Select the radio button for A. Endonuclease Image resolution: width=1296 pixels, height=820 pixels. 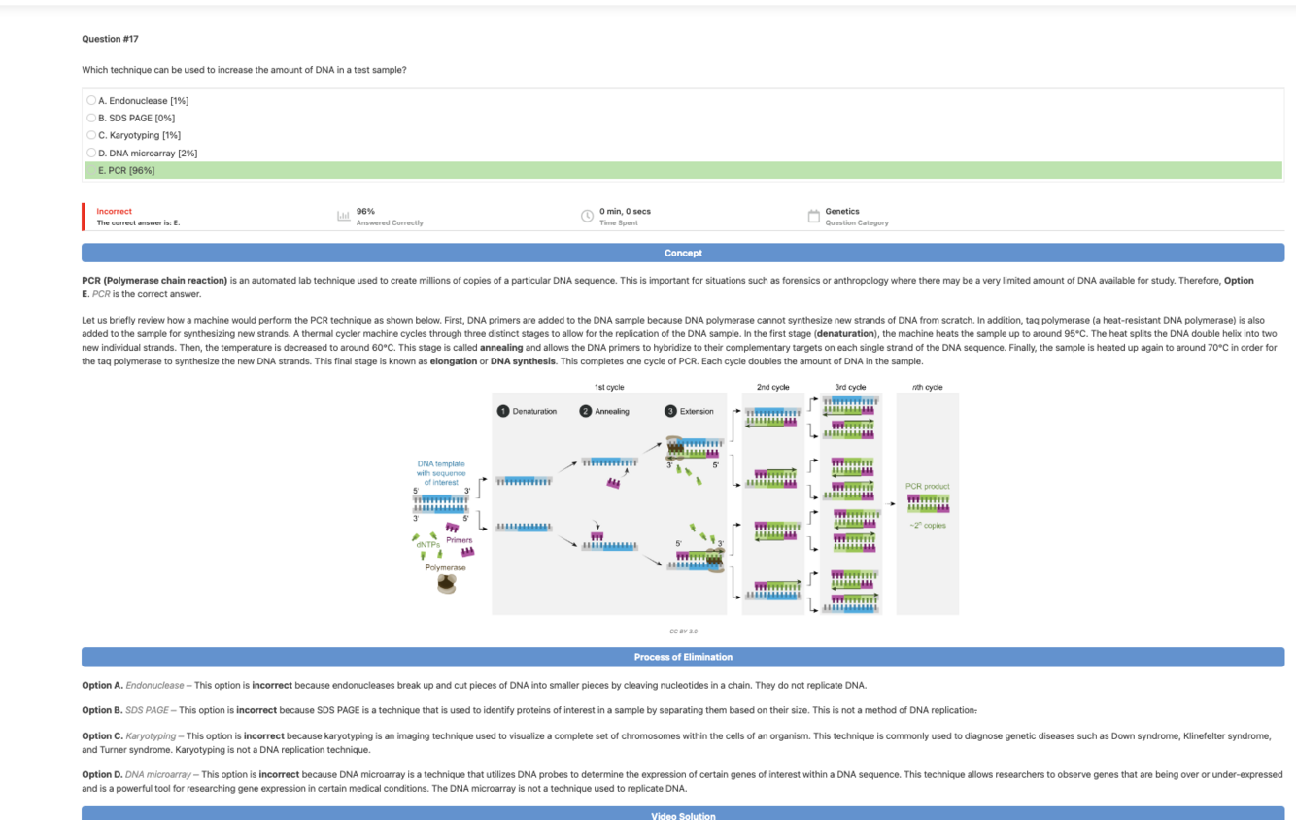tap(91, 100)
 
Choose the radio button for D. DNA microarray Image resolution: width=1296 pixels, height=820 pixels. tap(91, 153)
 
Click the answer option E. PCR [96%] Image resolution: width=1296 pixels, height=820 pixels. tap(126, 170)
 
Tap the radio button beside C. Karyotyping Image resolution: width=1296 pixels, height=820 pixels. tap(91, 135)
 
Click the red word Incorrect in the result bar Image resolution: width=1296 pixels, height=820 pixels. tap(114, 211)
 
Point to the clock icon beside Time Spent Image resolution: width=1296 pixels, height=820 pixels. tap(587, 216)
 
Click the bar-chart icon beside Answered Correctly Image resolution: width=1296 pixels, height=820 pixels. tap(343, 216)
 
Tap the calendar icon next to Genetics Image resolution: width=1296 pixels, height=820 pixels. tap(814, 216)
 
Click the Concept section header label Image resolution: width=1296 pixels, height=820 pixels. tap(683, 253)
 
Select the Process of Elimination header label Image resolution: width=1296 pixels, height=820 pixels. tap(683, 657)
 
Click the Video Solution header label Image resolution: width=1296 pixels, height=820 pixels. tap(683, 815)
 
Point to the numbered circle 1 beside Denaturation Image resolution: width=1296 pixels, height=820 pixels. tap(503, 411)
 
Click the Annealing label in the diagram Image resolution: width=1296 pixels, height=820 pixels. tap(612, 411)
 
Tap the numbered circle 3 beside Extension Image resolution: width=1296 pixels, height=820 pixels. tap(670, 411)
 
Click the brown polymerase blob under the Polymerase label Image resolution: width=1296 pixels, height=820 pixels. tap(446, 583)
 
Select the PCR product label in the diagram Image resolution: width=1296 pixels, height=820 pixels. tap(927, 486)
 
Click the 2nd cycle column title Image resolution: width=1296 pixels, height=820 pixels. tap(772, 387)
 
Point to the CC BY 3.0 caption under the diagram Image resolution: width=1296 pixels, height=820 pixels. tap(683, 632)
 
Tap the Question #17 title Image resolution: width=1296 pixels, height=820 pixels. tap(110, 39)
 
